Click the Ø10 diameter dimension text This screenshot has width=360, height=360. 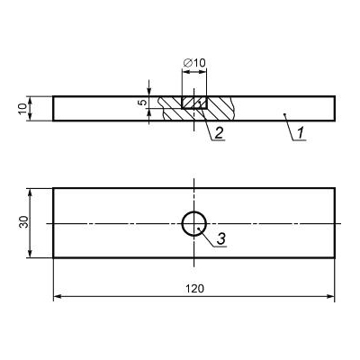pyautogui.click(x=194, y=63)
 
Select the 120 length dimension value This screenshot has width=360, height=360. pyautogui.click(x=194, y=289)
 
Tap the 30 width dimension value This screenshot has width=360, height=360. pyautogui.click(x=23, y=222)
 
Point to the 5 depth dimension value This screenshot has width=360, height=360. pyautogui.click(x=144, y=103)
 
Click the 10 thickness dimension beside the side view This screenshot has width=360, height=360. pyautogui.click(x=22, y=109)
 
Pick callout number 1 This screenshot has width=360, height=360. pyautogui.click(x=301, y=132)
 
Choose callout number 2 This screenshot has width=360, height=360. pyautogui.click(x=219, y=132)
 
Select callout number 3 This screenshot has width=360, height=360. pyautogui.click(x=221, y=239)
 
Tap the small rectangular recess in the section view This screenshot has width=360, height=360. pyautogui.click(x=194, y=103)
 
